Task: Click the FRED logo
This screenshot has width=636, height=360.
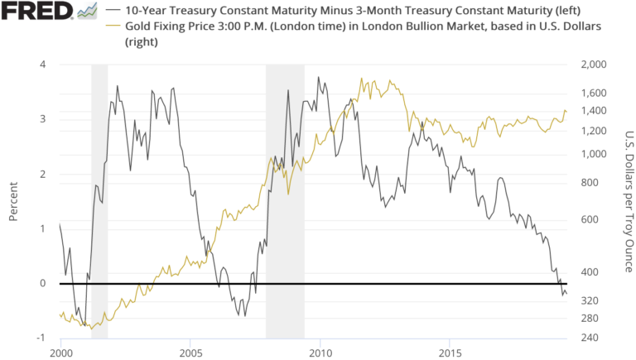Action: pos(36,12)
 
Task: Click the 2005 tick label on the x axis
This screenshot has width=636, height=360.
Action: pos(190,352)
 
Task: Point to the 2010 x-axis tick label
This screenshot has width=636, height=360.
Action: pos(320,352)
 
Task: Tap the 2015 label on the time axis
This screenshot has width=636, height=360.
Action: pos(449,352)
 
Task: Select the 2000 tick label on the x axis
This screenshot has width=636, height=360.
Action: pos(61,352)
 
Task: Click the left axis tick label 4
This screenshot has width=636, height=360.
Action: pos(41,65)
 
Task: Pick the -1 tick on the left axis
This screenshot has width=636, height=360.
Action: pos(40,338)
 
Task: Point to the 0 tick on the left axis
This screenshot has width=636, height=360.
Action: pos(41,283)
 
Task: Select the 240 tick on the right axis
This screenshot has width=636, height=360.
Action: pos(590,338)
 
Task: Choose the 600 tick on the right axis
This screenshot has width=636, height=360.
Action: pos(590,219)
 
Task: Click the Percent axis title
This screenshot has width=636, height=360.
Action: pos(13,201)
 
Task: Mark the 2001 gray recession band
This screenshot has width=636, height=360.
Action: pos(99,199)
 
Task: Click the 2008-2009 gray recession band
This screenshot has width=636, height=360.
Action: pos(285,199)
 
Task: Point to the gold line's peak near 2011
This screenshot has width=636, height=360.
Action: pos(362,79)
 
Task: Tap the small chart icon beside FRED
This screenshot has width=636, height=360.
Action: pos(86,12)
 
